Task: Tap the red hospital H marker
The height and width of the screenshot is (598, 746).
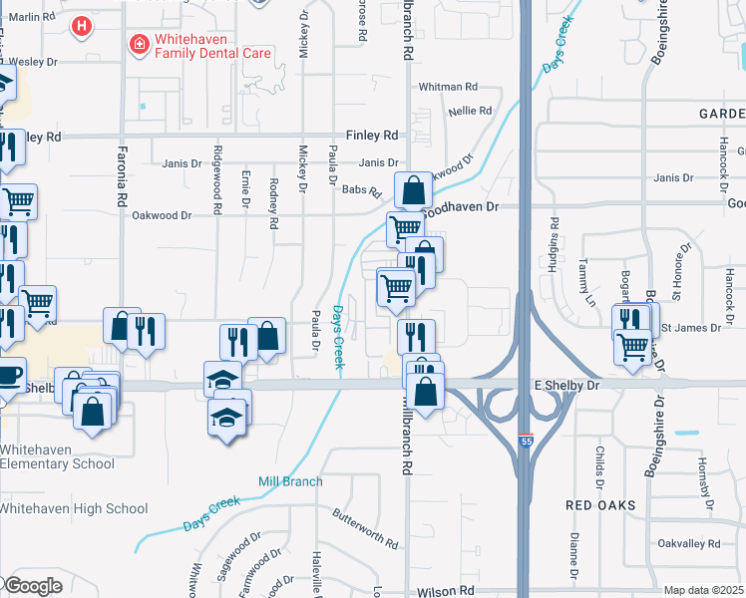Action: coord(83,25)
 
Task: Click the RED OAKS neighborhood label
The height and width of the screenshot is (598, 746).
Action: coord(600,505)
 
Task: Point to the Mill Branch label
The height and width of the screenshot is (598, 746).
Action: coord(290,481)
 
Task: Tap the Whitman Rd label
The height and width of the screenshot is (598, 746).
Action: coord(448,87)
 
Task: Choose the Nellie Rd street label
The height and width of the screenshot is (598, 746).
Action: coord(471,111)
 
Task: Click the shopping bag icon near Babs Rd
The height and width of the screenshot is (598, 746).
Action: coord(413,189)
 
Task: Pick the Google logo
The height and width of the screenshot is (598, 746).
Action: coord(33,585)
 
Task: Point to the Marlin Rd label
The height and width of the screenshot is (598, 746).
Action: coord(33,17)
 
